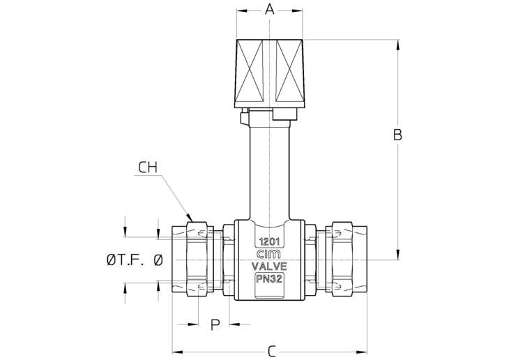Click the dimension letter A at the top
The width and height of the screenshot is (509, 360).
[x=269, y=10]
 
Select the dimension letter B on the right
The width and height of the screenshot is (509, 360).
[x=397, y=135]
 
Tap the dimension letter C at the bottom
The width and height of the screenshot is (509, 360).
[x=272, y=351]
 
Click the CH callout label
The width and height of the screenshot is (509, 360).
[x=148, y=167]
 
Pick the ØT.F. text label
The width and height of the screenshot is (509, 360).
[x=125, y=260]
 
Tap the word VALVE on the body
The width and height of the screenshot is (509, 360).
[x=269, y=267]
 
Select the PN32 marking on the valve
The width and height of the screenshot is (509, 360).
[x=268, y=279]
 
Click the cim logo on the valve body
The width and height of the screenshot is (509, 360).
[x=269, y=254]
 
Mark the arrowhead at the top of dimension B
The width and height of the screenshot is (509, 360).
[x=397, y=45]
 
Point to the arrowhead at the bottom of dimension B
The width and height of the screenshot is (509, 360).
[x=397, y=254]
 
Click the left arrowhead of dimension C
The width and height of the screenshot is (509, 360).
[x=178, y=352]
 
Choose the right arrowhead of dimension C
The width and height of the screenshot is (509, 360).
[x=362, y=352]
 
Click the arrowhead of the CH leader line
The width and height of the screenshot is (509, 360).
[x=189, y=218]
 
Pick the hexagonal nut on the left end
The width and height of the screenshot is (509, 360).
[x=197, y=259]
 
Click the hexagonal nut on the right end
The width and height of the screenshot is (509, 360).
[x=342, y=259]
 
